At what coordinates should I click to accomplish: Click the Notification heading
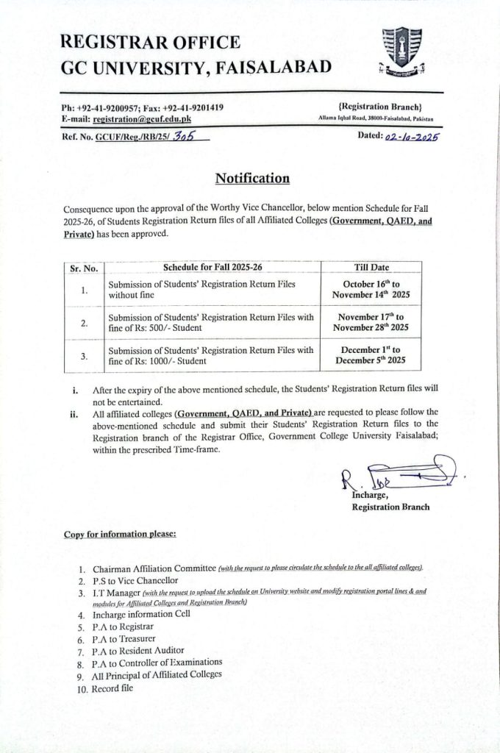tap(252, 178)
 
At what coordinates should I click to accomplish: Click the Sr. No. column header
tap(85, 269)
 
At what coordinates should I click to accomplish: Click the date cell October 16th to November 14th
tap(371, 288)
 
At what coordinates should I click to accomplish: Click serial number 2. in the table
tap(85, 322)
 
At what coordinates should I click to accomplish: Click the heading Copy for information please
tap(120, 533)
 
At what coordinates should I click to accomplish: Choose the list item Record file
tap(114, 689)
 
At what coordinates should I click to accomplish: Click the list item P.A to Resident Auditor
tap(138, 651)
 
